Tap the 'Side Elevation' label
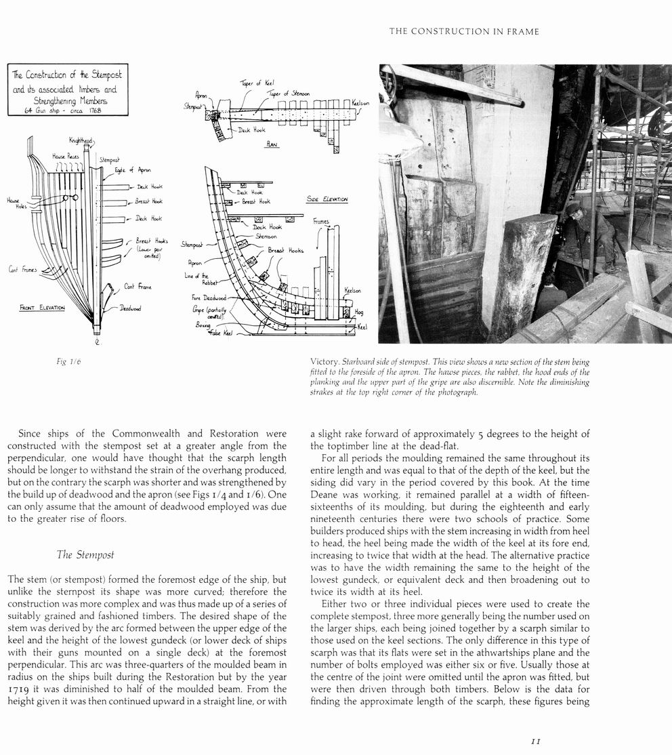point(328,200)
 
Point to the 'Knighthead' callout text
point(81,141)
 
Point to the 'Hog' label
point(358,313)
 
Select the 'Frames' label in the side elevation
point(321,222)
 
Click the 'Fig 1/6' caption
point(69,363)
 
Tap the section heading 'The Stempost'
point(85,555)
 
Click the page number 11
point(534,742)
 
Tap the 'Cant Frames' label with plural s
point(23,269)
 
